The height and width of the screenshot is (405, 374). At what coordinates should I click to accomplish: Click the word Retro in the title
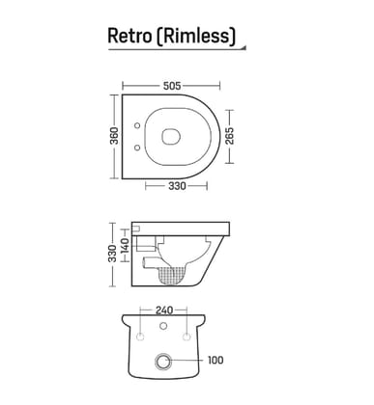130,36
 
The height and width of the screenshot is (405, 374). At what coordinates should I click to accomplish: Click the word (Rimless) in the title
197,36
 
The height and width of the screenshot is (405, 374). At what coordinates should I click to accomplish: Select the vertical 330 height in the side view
112,254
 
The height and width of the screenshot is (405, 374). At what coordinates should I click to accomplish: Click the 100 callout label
215,361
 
